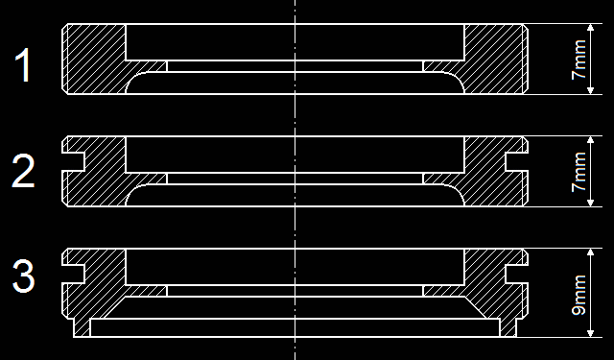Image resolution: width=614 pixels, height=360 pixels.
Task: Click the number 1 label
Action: (x=23, y=65)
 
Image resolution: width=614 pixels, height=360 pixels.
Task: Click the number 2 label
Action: (x=23, y=171)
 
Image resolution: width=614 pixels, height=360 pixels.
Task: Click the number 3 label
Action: (x=23, y=276)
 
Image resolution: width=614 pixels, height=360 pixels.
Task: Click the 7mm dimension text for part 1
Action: (x=579, y=60)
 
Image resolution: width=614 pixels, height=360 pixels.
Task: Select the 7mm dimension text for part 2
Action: (x=579, y=172)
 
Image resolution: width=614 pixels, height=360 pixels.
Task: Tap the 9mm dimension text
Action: (x=579, y=295)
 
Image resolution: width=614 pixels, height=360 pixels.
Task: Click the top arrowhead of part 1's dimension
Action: (x=591, y=28)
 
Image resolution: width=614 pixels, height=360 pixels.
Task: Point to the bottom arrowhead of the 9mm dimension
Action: (x=591, y=333)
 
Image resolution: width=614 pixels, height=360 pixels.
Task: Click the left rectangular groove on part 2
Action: (x=73, y=162)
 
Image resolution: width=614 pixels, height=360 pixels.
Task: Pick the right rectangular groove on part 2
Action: (x=517, y=162)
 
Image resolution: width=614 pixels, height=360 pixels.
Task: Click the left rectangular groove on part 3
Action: (x=73, y=274)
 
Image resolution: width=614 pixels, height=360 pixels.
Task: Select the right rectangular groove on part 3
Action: (x=517, y=274)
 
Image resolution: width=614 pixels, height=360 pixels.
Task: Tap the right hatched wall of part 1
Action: (x=494, y=59)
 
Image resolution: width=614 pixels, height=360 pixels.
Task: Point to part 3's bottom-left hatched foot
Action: (x=82, y=327)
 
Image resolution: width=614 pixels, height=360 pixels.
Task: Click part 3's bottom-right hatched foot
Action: (x=508, y=327)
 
